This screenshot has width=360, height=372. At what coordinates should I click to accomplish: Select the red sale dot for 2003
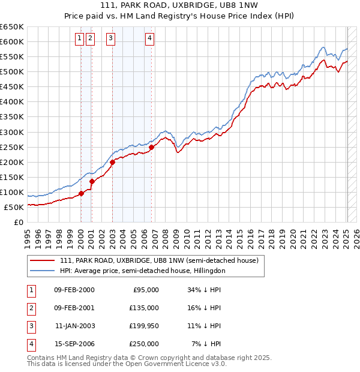point(112,161)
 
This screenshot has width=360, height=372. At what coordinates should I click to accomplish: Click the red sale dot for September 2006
point(151,147)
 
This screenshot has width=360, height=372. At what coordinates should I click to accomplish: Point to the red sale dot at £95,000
point(81,193)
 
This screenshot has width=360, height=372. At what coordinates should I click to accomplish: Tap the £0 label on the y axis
point(17,222)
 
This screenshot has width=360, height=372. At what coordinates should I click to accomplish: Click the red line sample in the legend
point(41,260)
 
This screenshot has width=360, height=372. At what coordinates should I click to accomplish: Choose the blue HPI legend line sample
point(41,271)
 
